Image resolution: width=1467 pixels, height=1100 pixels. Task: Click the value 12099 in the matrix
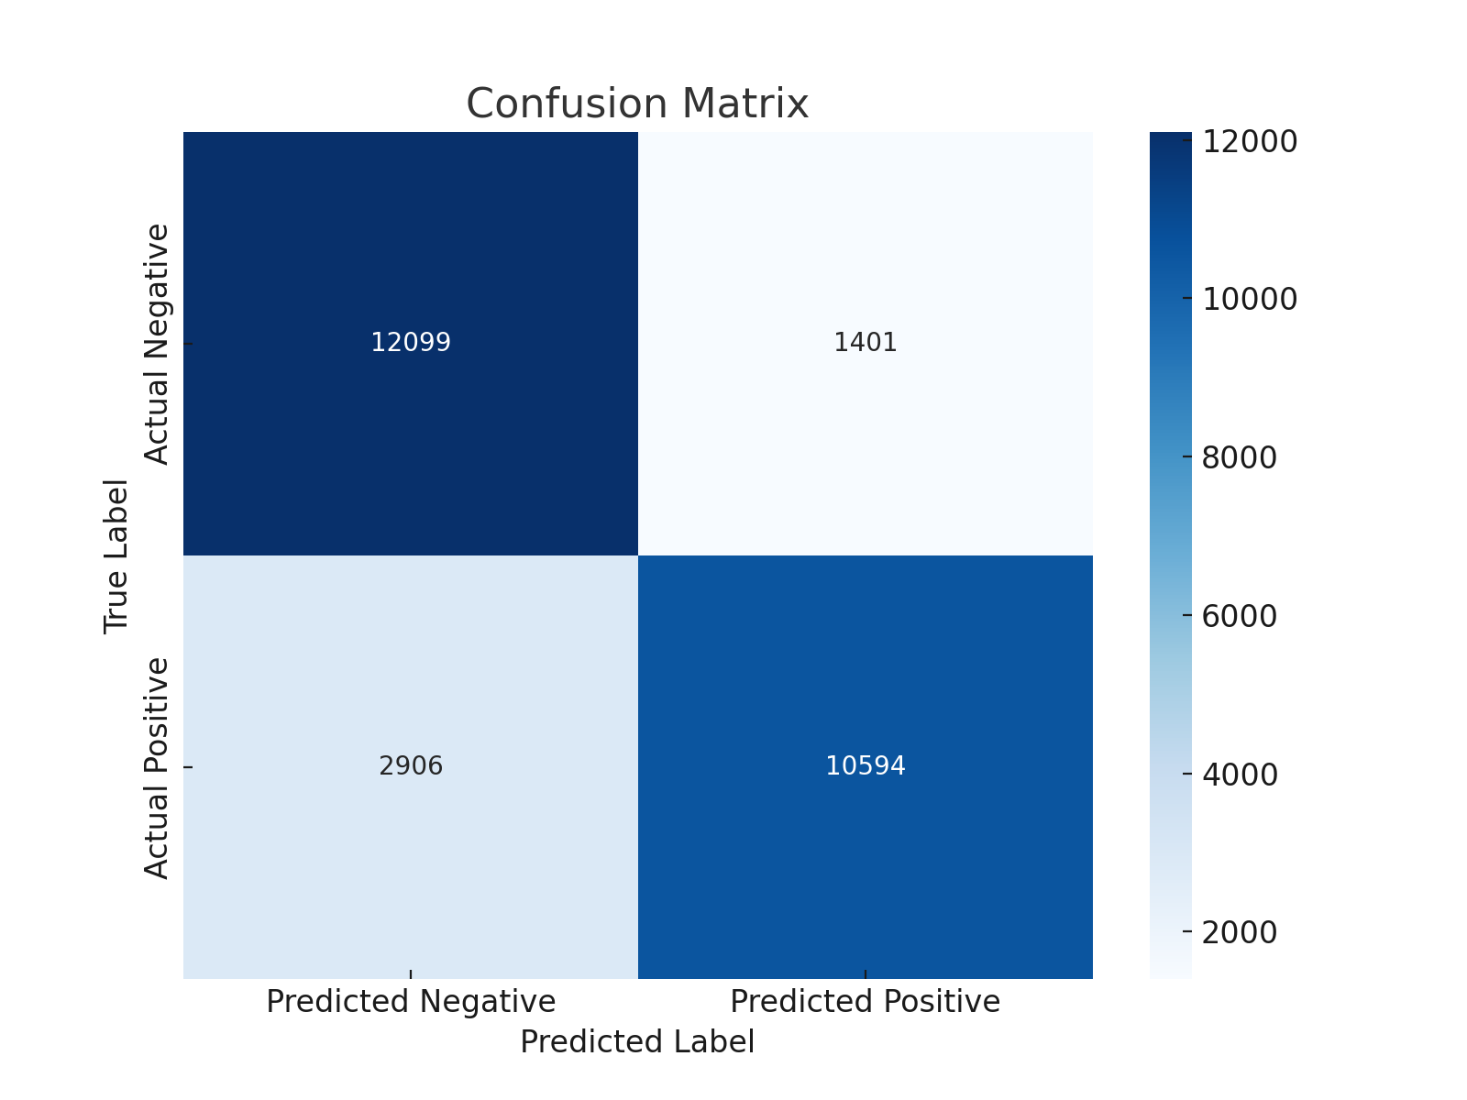[411, 343]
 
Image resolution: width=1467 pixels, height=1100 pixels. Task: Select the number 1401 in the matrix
[866, 343]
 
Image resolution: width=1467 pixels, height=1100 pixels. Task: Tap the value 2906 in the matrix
[411, 766]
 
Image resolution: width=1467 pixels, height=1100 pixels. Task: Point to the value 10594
[866, 766]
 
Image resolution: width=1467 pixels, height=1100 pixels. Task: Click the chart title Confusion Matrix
[637, 104]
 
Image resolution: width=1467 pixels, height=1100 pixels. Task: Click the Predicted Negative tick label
[411, 1002]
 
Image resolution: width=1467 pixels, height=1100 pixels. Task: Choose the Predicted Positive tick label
[866, 1002]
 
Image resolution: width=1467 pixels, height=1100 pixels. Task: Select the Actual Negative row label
[158, 344]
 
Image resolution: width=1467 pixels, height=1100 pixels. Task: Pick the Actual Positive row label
[158, 767]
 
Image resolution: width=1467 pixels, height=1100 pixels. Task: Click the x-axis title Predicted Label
[637, 1043]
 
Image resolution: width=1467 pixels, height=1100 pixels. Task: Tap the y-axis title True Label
[116, 555]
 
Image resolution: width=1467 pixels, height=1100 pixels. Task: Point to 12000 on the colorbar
[1249, 142]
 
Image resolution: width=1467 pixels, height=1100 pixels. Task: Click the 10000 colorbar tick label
[1249, 300]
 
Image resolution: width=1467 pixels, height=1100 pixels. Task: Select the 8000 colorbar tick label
[1239, 458]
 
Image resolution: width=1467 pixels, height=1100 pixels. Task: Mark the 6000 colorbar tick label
[1239, 617]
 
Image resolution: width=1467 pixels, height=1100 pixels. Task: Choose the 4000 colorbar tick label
[1239, 775]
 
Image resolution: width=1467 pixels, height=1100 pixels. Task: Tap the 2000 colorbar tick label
[1239, 933]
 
